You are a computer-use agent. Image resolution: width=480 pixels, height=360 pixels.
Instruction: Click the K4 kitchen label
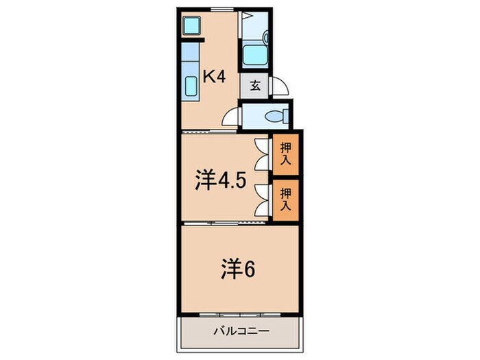(x=214, y=77)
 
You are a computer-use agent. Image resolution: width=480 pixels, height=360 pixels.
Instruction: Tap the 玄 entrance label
(x=254, y=86)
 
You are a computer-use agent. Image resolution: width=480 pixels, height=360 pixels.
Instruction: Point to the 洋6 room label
(x=237, y=269)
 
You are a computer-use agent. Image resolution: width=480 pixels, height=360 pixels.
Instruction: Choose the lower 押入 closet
(x=285, y=199)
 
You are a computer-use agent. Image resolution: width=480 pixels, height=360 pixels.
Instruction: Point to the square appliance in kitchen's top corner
(x=191, y=26)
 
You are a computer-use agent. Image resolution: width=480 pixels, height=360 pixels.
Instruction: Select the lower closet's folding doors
(x=261, y=199)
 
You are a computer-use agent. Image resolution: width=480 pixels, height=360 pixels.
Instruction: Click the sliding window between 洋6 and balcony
(x=240, y=315)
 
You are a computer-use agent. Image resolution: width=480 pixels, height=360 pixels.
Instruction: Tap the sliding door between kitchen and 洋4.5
(x=206, y=130)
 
